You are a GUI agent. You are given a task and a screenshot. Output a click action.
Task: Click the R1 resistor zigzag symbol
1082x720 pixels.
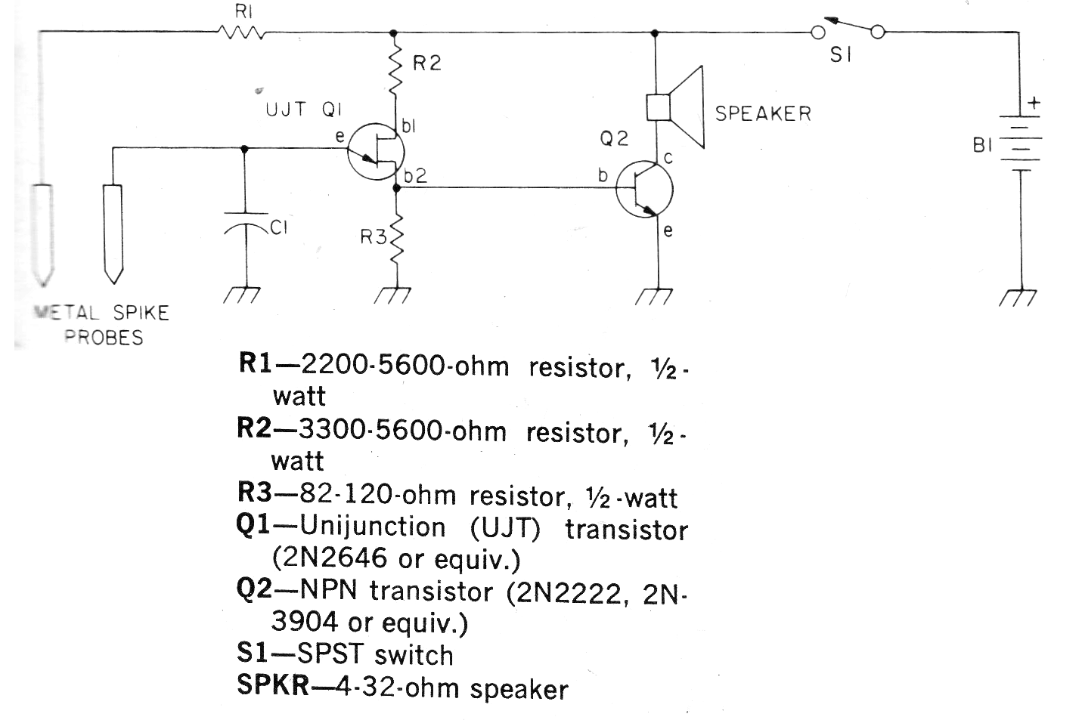click(x=240, y=32)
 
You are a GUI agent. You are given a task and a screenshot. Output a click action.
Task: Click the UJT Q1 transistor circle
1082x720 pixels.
click(x=375, y=154)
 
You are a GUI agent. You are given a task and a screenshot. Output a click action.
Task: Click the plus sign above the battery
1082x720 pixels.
click(x=1033, y=103)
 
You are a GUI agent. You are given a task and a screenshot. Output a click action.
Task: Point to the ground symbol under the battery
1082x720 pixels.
click(x=1021, y=297)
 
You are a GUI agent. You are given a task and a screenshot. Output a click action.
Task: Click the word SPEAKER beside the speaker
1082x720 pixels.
click(x=762, y=114)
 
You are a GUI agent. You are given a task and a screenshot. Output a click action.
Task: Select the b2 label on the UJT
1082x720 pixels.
click(x=415, y=177)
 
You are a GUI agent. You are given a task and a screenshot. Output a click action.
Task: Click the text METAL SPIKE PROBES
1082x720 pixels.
click(x=101, y=324)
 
